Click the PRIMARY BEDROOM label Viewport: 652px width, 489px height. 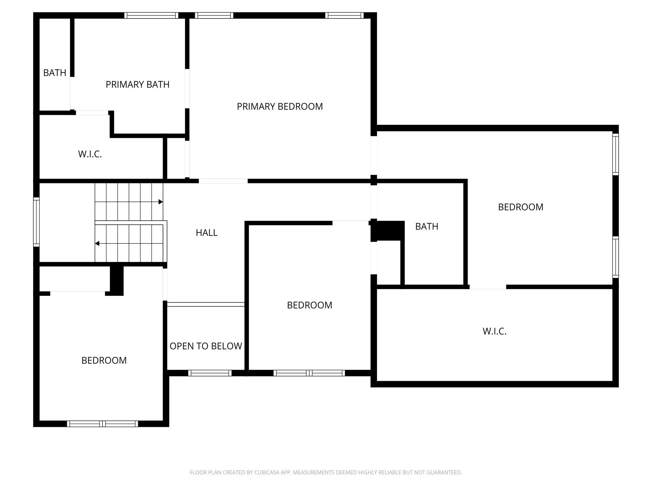[280, 106]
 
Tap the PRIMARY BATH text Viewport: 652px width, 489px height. [138, 84]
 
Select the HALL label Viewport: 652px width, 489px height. [207, 233]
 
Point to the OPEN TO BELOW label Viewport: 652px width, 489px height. [206, 346]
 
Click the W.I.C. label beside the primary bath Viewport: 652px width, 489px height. [90, 154]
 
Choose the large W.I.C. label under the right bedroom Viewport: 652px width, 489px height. [494, 331]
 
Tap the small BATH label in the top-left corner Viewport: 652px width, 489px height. [55, 73]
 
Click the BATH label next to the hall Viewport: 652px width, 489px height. [427, 226]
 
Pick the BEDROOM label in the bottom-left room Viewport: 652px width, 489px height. [104, 360]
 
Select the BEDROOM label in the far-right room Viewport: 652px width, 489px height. [521, 207]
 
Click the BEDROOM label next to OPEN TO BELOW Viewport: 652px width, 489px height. [309, 305]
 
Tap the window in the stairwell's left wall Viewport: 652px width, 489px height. [37, 222]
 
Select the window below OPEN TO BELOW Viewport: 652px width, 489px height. [210, 373]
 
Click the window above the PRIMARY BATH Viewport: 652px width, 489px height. [151, 15]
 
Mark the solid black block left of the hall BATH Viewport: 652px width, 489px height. [387, 231]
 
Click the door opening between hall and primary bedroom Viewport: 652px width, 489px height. [223, 181]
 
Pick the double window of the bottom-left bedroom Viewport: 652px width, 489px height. [103, 424]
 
